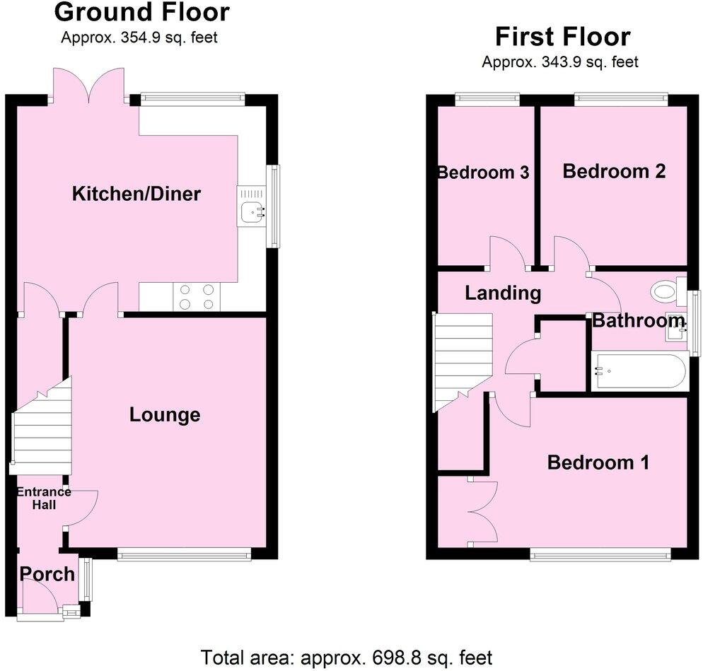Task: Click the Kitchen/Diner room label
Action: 136,194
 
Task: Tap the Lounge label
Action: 165,415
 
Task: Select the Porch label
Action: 47,574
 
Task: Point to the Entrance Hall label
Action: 44,498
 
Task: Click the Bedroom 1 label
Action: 598,462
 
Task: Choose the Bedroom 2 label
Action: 614,171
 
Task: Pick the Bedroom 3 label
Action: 484,173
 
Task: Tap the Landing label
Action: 503,293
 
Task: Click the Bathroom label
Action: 639,321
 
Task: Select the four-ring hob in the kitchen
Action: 197,296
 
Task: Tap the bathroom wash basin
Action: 675,329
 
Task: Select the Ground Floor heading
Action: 141,12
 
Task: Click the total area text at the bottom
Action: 347,657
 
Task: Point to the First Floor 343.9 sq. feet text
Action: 560,62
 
